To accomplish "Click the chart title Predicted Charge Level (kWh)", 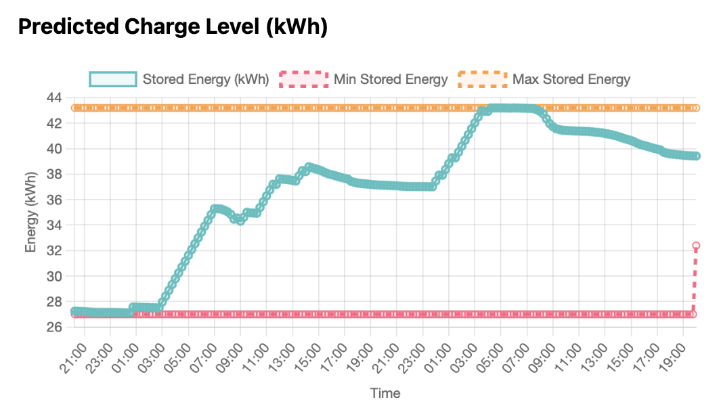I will [x=173, y=27].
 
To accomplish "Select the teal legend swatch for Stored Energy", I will [x=113, y=79].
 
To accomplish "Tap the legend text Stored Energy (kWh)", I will [x=206, y=79].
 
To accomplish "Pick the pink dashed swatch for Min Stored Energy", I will [x=304, y=79].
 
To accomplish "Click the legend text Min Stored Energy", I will [x=391, y=79].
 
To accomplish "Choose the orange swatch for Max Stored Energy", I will [x=482, y=79].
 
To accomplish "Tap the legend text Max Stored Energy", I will [x=571, y=79].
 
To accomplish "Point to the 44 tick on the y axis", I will [x=55, y=98].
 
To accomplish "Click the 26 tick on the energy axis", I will [x=55, y=328].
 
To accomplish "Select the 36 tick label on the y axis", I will [x=55, y=200].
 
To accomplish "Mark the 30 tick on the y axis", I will [x=55, y=277].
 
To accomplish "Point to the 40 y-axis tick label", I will [x=55, y=149].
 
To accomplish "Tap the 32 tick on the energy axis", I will [x=55, y=251].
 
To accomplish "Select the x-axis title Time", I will [x=385, y=393].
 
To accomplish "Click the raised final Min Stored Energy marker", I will [x=695, y=246].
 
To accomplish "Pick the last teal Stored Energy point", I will [x=695, y=156].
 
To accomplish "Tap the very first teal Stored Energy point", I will [x=75, y=311].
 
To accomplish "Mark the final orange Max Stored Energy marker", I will [x=695, y=108].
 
